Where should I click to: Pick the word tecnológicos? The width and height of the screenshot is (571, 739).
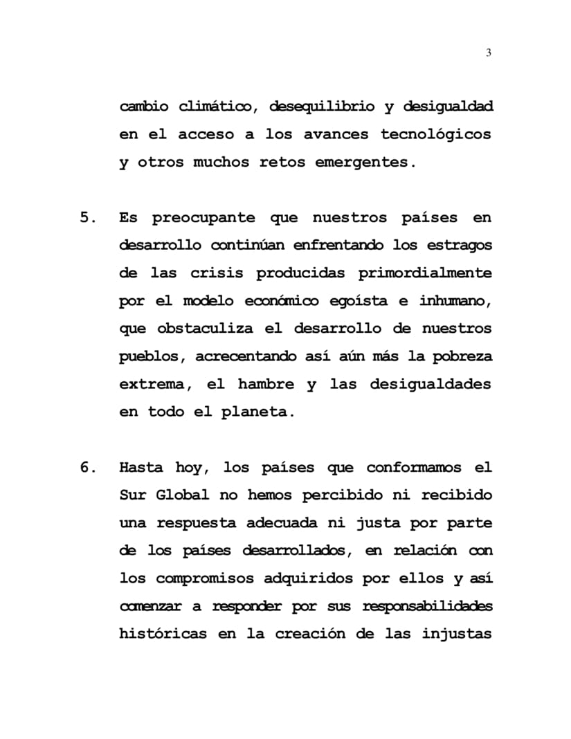[x=435, y=134]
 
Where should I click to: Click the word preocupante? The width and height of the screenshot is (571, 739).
[x=205, y=218]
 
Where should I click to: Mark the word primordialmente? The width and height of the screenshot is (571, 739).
[x=425, y=273]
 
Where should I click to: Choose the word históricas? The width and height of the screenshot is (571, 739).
[x=163, y=634]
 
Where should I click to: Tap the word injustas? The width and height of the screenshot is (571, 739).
[x=457, y=634]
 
